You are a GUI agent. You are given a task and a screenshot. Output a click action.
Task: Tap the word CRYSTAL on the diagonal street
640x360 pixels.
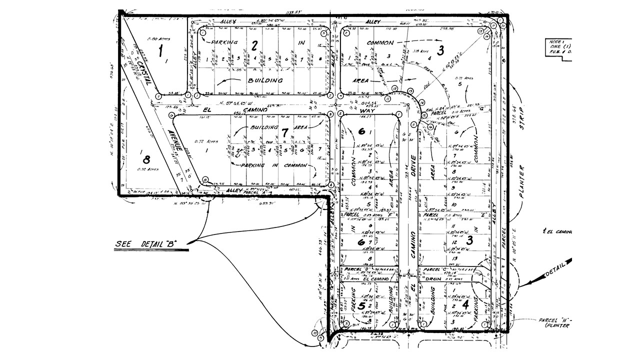145,73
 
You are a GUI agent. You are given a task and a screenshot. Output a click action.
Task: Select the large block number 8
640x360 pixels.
146,160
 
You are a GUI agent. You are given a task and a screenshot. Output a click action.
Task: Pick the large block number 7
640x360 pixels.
284,133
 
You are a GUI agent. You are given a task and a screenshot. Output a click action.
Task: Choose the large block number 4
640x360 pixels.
465,303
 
